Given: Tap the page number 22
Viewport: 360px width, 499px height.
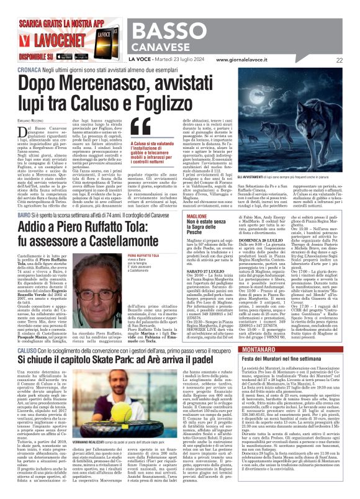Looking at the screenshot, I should click(340, 60).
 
